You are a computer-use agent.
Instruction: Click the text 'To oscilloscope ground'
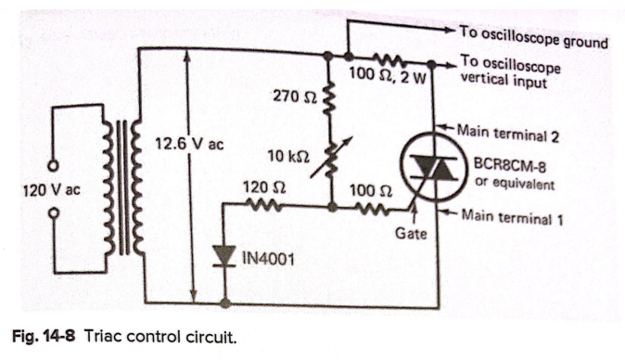[533, 36]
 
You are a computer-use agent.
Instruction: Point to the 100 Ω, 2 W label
[391, 74]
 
